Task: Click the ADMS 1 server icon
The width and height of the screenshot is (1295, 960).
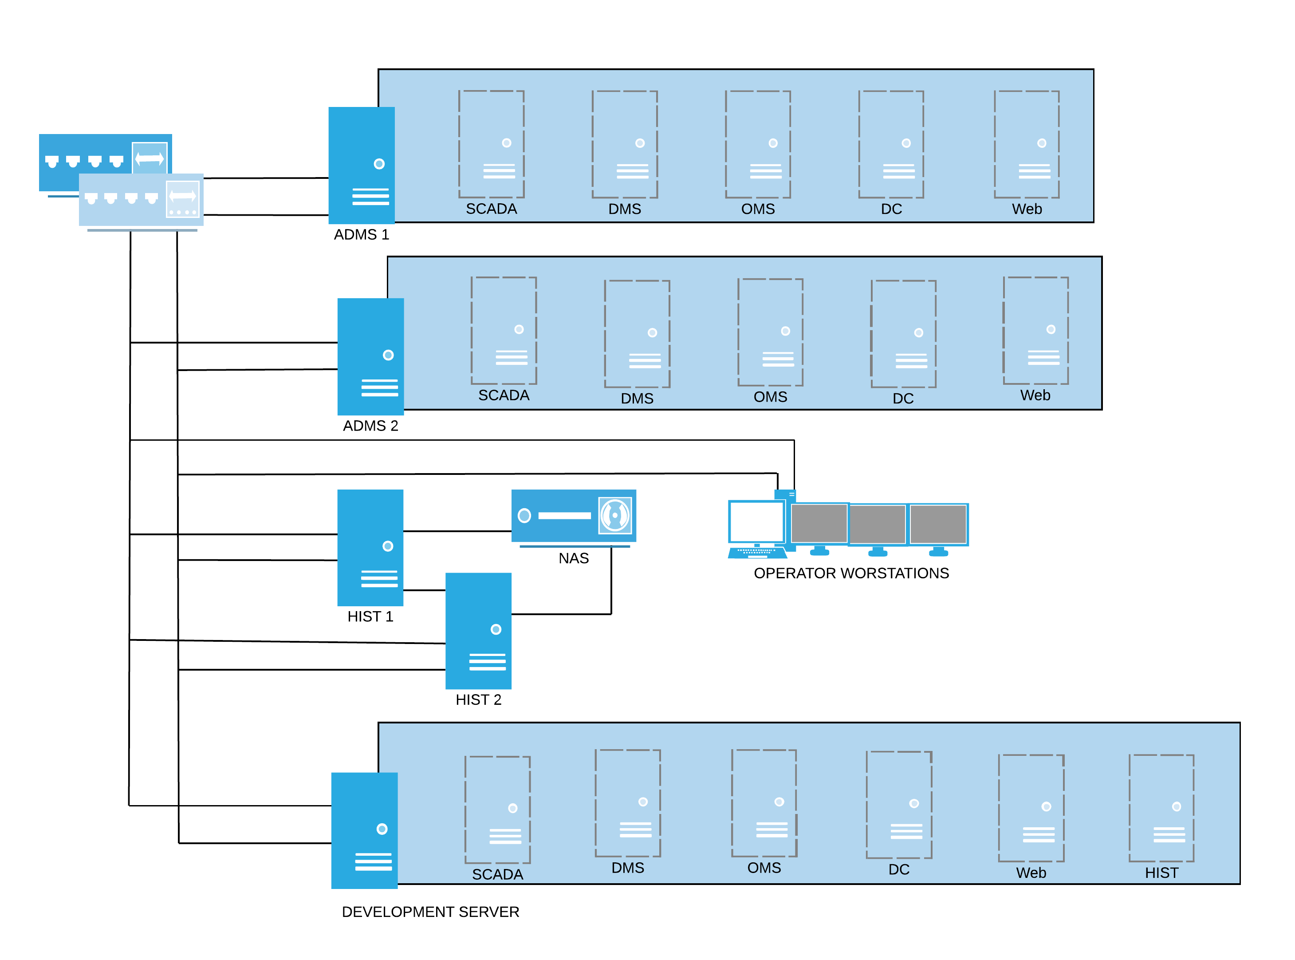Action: click(x=361, y=165)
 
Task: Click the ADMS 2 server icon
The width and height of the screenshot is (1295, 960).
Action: click(x=370, y=356)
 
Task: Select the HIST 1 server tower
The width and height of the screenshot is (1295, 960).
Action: click(x=370, y=547)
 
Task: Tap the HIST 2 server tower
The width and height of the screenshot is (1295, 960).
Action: click(x=478, y=631)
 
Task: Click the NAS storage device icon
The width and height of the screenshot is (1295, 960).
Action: click(x=573, y=515)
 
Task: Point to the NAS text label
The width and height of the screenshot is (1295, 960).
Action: click(x=573, y=558)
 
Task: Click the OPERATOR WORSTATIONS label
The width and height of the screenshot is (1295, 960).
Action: click(x=851, y=573)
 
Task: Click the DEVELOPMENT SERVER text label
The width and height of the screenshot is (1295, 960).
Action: click(x=430, y=911)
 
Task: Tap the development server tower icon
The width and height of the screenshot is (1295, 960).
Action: click(x=364, y=830)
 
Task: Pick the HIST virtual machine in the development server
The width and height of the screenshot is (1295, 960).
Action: click(x=1161, y=808)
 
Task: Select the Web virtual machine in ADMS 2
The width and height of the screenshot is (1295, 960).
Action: click(x=1035, y=330)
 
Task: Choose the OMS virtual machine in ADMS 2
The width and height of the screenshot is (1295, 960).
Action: click(x=770, y=332)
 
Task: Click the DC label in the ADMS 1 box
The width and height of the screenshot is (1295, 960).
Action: click(x=891, y=209)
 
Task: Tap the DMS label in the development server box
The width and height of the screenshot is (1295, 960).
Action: click(x=627, y=868)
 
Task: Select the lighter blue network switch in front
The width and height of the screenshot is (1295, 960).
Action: click(x=141, y=200)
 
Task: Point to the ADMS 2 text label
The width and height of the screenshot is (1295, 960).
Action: click(x=370, y=426)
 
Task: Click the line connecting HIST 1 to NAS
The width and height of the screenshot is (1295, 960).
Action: click(x=457, y=530)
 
